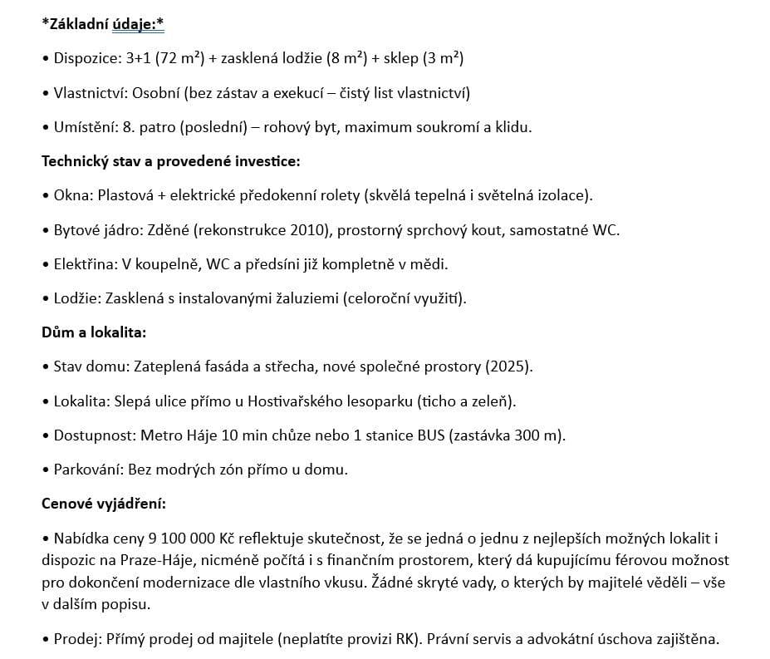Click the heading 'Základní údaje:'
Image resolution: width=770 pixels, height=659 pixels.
(x=103, y=25)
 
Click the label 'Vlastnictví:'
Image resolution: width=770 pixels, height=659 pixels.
(x=91, y=93)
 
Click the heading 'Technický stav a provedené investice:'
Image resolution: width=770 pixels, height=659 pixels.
(x=170, y=161)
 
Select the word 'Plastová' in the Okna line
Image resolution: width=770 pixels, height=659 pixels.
(x=125, y=196)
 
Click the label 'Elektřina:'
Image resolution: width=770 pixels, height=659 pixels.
(x=85, y=264)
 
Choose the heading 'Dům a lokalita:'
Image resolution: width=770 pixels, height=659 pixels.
(x=94, y=332)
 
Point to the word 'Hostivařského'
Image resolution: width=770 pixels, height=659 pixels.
(x=293, y=401)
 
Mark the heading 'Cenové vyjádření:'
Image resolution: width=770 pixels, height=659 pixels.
(x=104, y=504)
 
